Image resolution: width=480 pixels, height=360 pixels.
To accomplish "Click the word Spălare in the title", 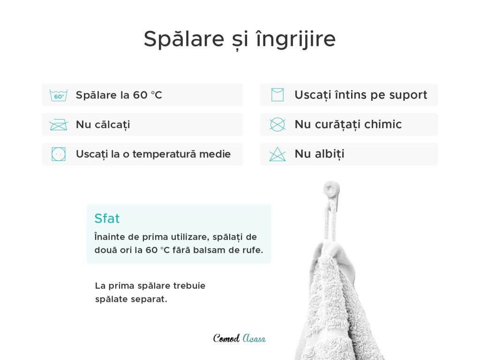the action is point(184,39).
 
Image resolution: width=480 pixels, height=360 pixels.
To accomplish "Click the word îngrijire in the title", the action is point(296,39).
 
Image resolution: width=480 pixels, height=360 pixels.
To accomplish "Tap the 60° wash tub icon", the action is point(59,95).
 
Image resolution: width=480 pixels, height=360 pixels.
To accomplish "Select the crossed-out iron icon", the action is point(59,125).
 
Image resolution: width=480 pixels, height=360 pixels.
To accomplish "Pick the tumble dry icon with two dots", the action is point(59,154).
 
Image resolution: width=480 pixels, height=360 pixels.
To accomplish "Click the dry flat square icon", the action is point(277,95).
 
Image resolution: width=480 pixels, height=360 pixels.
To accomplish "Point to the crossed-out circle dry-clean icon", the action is point(277,125).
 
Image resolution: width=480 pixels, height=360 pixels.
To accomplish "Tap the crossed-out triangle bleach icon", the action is point(277,154).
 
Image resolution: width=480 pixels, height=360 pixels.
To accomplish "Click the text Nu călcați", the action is point(103,125).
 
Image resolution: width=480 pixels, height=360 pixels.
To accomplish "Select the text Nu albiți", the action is point(320,154).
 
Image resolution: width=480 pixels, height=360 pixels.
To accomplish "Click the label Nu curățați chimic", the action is point(348,125).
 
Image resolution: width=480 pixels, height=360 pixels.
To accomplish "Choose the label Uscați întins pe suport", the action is point(361,95).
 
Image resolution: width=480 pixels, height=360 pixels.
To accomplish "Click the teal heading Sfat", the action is point(107,218).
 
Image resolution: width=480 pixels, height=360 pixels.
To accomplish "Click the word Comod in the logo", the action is point(226,338).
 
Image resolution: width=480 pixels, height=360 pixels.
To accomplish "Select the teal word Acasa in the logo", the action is point(254,338).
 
